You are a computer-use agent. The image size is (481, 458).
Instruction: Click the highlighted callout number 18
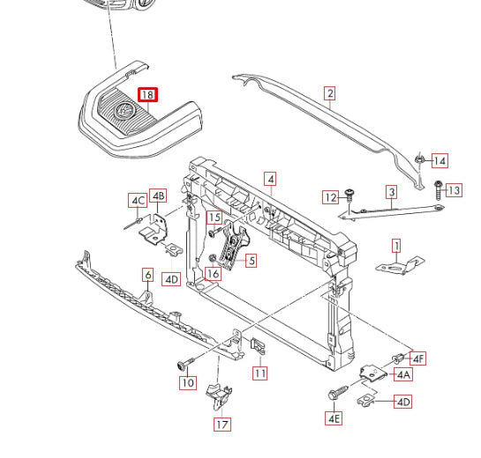148,94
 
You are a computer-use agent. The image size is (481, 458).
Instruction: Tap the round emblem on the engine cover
124,110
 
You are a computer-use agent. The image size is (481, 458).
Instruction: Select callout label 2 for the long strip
330,93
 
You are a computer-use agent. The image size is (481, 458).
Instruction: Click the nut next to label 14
418,159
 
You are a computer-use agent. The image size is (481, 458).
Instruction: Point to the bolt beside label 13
438,190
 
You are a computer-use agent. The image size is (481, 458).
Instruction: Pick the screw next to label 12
349,196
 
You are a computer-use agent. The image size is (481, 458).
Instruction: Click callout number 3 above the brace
392,192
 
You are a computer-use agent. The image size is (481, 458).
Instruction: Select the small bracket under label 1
400,266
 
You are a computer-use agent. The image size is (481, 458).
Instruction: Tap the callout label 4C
138,201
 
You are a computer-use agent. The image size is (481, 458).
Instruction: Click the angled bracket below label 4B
155,229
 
